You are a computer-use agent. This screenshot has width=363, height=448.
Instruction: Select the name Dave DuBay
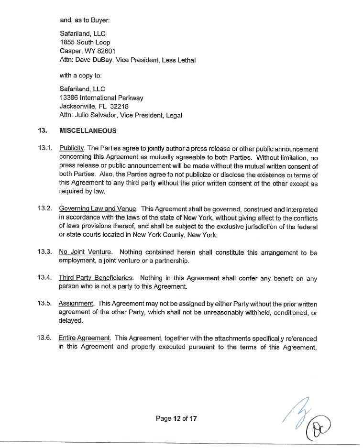pos(94,60)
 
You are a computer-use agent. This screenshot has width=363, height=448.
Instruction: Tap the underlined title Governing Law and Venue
pos(98,209)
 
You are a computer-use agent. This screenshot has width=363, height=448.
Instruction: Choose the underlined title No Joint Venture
pos(85,252)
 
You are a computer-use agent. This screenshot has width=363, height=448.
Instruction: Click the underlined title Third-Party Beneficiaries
pos(94,278)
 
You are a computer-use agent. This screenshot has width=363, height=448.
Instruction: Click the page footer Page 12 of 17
pos(176,418)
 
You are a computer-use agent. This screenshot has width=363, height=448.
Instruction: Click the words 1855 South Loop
pos(85,42)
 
